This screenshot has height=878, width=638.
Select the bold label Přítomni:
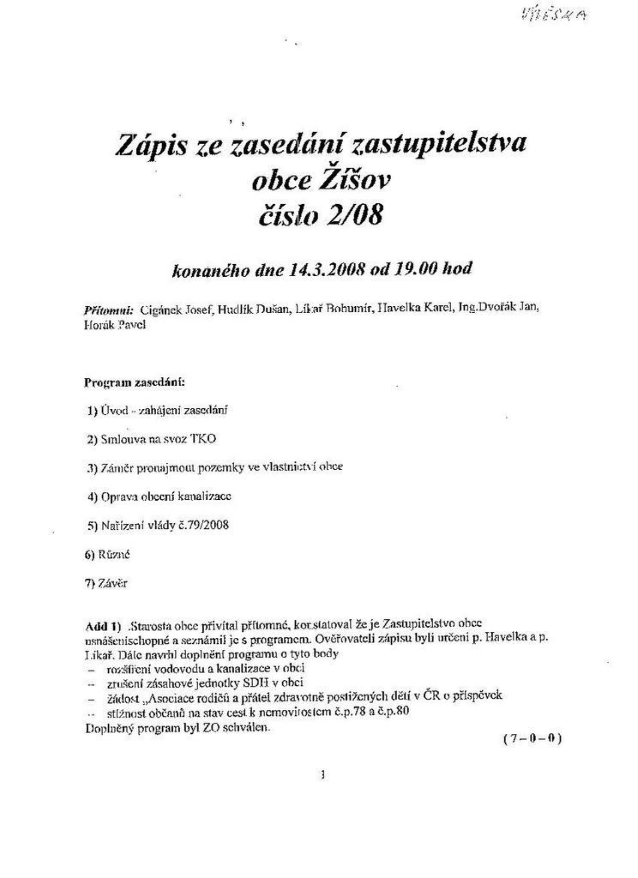[x=108, y=310]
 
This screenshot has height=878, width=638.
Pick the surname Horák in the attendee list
[x=99, y=326]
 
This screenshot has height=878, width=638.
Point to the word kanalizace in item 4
[x=202, y=496]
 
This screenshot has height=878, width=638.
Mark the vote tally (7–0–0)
[x=532, y=738]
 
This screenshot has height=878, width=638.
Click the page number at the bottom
[x=321, y=775]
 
